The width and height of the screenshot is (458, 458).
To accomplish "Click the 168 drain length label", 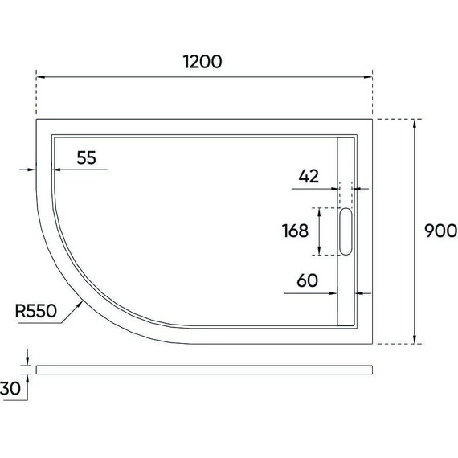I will click(x=295, y=231).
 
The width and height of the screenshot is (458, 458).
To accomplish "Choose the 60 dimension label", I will click(x=309, y=280).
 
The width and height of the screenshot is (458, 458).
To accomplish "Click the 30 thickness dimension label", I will click(x=11, y=389).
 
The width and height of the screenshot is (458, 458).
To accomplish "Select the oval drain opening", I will click(x=347, y=231).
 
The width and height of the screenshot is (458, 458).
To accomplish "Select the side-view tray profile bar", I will click(x=205, y=369).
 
